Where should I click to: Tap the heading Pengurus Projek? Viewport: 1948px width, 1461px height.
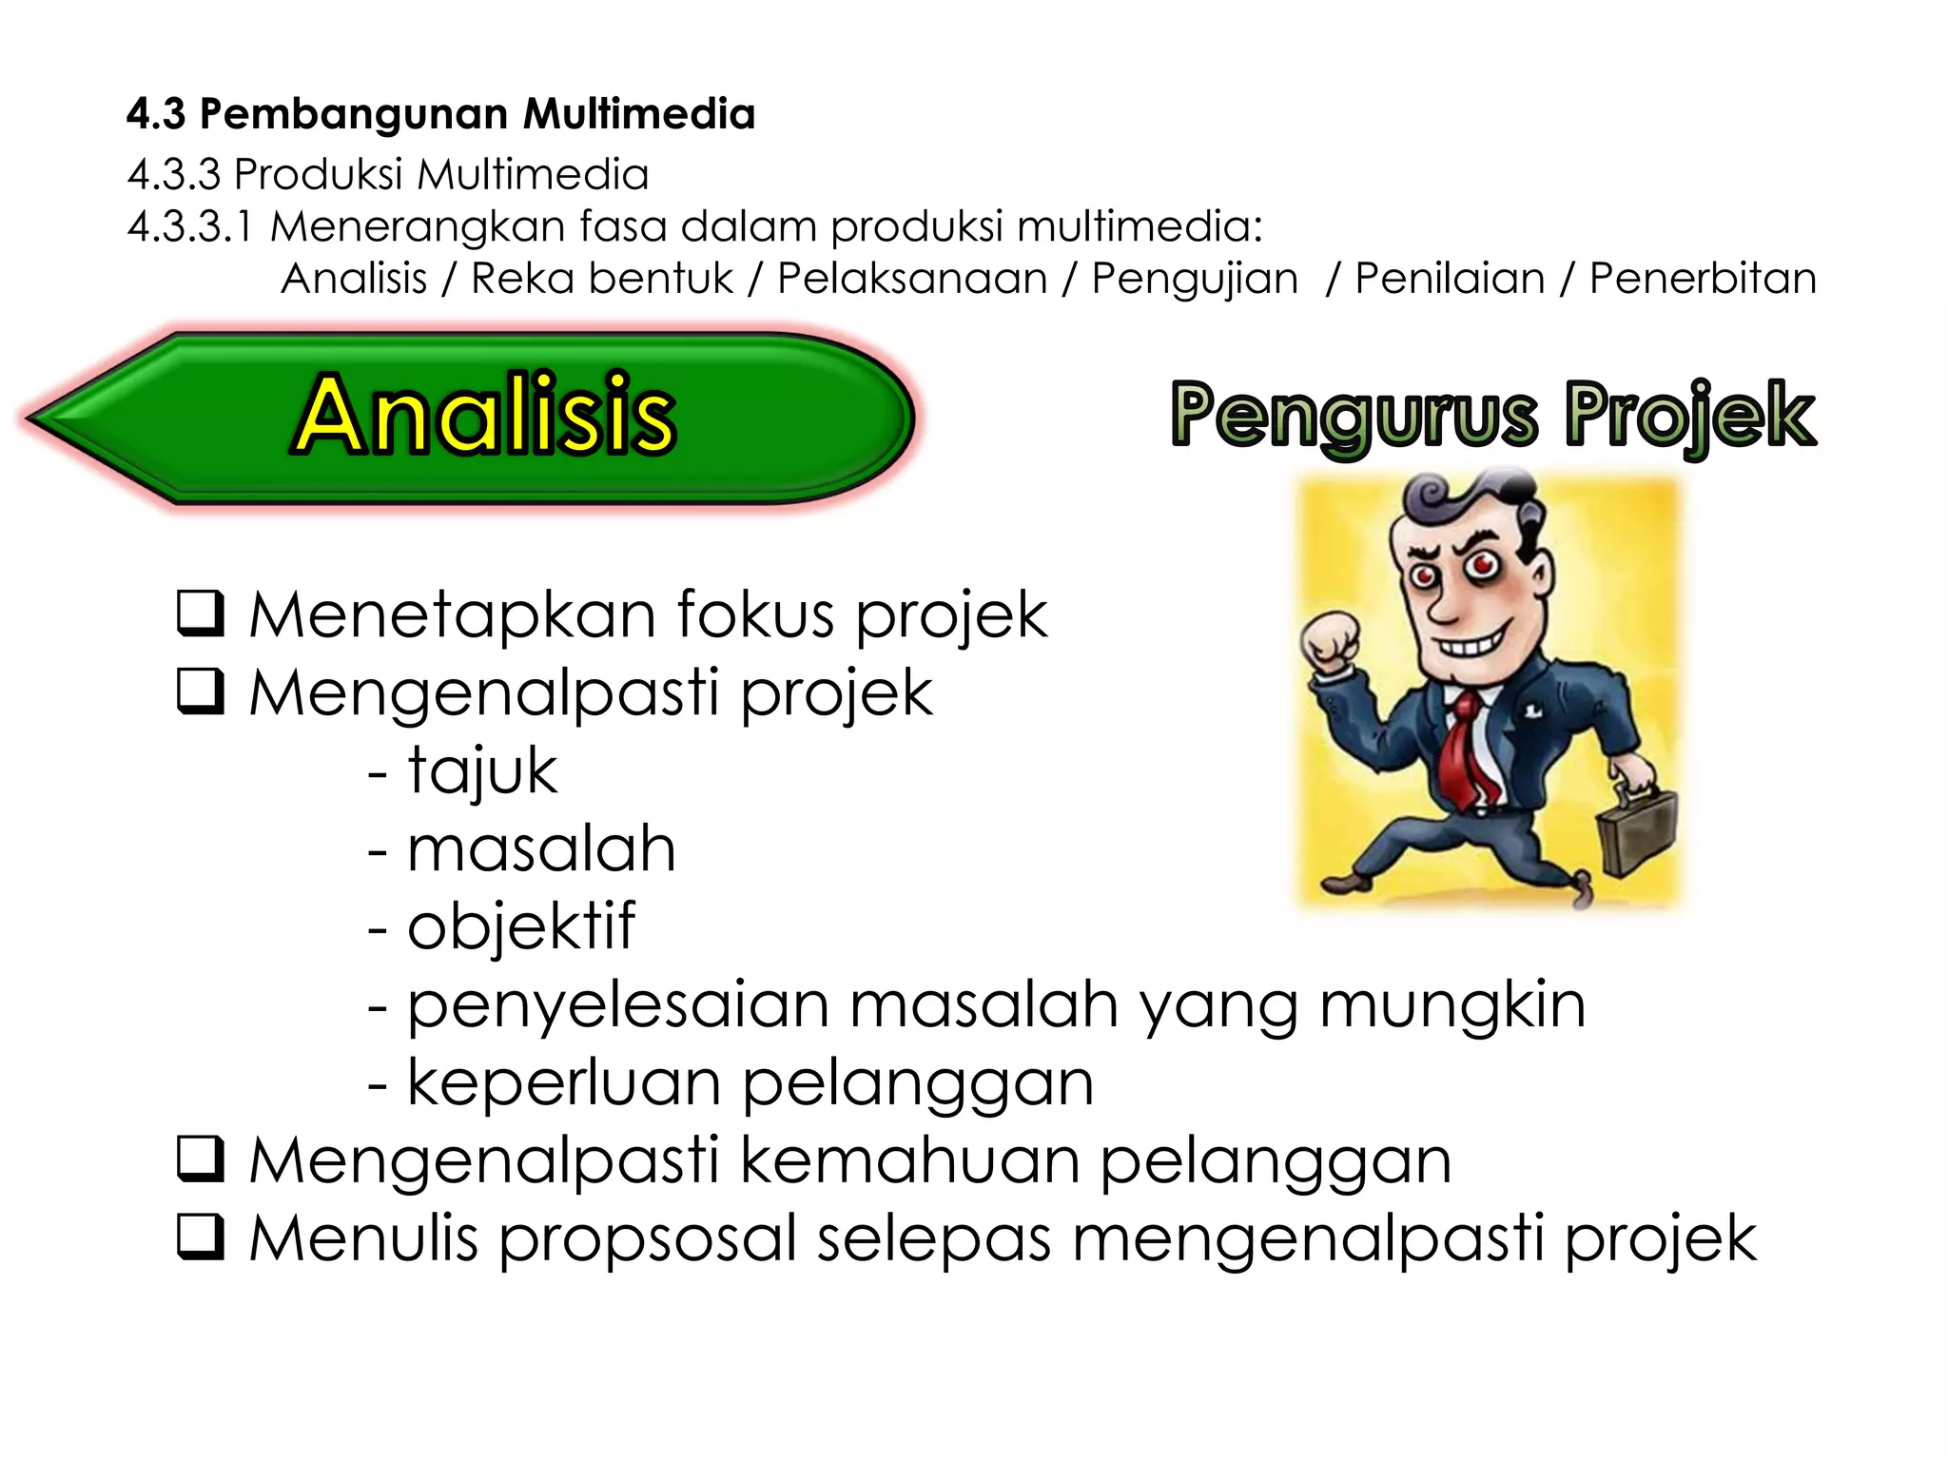coord(1492,415)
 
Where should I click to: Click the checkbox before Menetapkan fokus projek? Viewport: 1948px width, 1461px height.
coord(201,614)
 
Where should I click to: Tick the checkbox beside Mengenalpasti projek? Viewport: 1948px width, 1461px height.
coord(201,692)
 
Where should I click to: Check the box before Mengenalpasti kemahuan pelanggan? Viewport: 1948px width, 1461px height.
coord(201,1159)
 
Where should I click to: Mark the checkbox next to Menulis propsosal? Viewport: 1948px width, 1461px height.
coord(201,1237)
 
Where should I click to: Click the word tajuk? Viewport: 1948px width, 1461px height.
coord(482,770)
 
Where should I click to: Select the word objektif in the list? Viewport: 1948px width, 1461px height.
coord(520,926)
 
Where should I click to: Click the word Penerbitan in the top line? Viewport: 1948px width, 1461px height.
coord(1703,279)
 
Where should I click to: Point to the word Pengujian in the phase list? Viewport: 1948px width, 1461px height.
coord(1195,279)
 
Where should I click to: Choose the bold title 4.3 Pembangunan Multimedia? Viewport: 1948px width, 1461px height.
coord(441,114)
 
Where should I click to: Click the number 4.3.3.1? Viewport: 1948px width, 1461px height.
coord(190,227)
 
